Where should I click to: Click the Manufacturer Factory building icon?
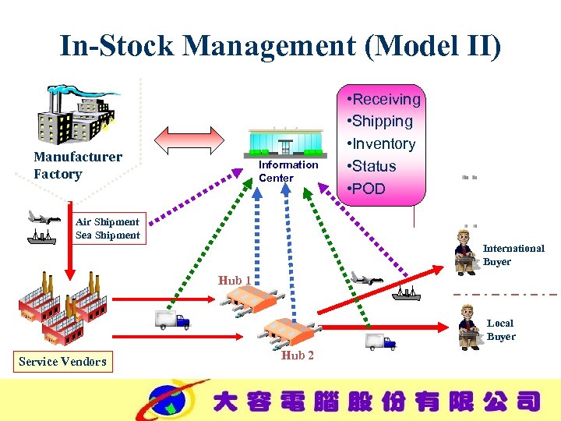click(x=78, y=113)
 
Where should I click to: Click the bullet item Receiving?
click(x=386, y=99)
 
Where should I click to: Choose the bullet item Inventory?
click(x=383, y=143)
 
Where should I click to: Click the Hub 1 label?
click(x=235, y=280)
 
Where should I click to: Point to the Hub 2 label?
click(x=298, y=356)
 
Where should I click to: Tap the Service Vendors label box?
click(x=63, y=361)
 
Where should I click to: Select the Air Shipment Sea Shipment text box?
click(x=108, y=228)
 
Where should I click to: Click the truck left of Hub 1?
click(x=172, y=320)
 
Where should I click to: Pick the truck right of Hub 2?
click(x=380, y=341)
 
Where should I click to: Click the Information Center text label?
click(x=288, y=172)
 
